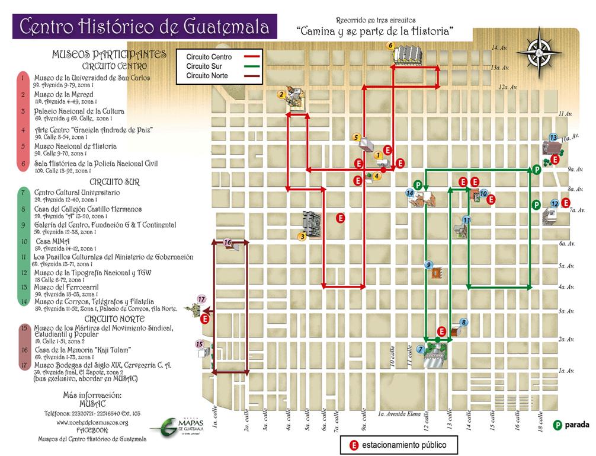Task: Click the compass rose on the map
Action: [539, 52]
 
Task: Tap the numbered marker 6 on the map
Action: [390, 45]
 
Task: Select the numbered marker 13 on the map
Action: [553, 138]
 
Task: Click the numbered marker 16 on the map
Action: [227, 242]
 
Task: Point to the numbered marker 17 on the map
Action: [201, 299]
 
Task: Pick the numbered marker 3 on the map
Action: [302, 237]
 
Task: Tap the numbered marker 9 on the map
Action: [428, 264]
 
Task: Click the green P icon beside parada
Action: [557, 425]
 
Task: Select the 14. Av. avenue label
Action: [496, 47]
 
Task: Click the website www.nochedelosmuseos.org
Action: [92, 422]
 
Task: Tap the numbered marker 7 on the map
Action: [420, 349]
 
